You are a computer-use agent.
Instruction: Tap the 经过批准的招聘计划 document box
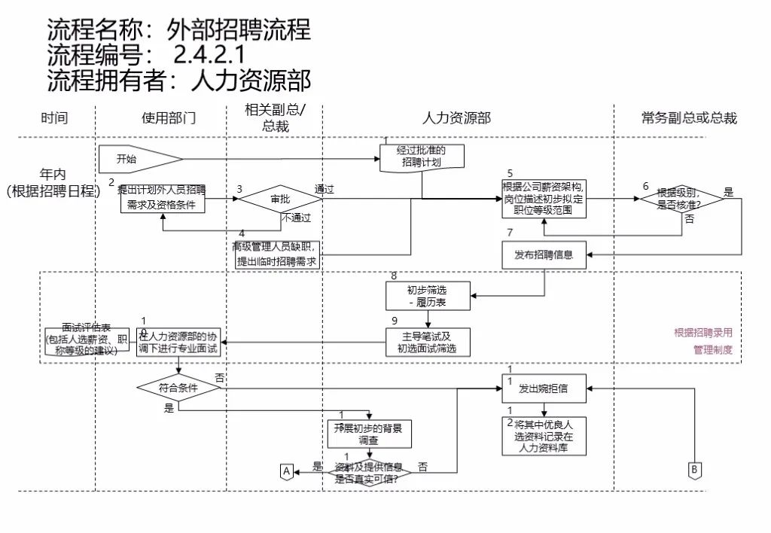(x=422, y=157)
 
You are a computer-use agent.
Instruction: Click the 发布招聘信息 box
(x=544, y=254)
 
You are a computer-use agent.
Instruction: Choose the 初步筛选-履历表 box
(x=427, y=296)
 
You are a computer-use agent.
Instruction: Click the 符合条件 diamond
(x=178, y=388)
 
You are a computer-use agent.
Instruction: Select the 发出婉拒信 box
(x=544, y=389)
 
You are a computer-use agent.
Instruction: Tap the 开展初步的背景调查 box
(x=368, y=434)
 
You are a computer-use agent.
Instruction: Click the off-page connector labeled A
(x=286, y=471)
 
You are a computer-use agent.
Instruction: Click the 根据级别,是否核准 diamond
(x=680, y=198)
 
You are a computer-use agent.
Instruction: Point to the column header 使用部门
(x=169, y=118)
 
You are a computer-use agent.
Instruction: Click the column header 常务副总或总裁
(x=689, y=118)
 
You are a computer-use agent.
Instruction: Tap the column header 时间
(x=54, y=118)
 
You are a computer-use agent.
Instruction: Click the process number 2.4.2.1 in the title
(x=209, y=54)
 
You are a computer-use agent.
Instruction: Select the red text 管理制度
(x=712, y=350)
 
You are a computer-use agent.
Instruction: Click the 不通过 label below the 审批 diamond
(x=297, y=218)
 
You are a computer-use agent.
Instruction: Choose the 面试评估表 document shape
(x=87, y=340)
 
